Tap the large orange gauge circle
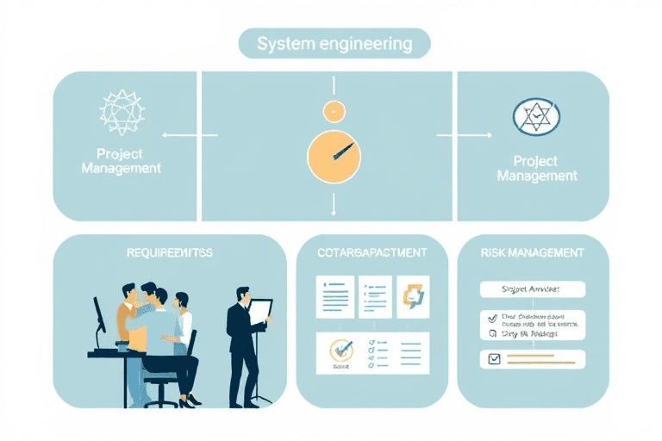[333, 157]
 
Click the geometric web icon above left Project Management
[122, 112]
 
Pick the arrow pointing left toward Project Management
[179, 134]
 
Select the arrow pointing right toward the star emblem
[452, 135]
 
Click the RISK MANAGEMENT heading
[532, 253]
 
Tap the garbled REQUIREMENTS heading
[169, 253]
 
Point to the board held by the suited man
[260, 314]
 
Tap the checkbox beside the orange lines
[495, 359]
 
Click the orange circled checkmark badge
[343, 351]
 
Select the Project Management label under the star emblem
[536, 168]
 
